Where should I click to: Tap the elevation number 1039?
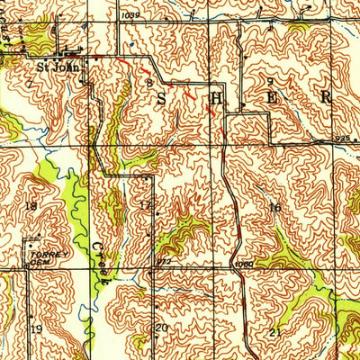coord(130,15)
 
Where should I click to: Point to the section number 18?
coord(32,206)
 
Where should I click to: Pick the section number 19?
coord(36,329)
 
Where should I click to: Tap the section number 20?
coord(162,328)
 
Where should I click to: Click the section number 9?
coord(269,82)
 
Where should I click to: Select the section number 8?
coord(148,83)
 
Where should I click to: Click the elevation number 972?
coord(164,262)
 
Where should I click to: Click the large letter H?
coord(217,97)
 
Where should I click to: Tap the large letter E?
coord(273,97)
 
